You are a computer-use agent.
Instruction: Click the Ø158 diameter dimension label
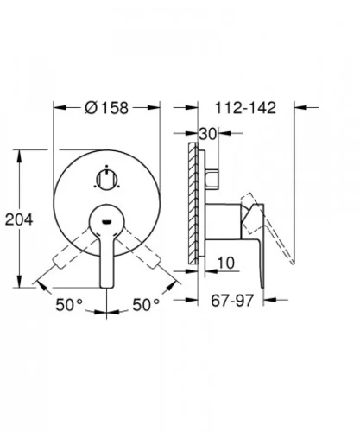click(x=107, y=108)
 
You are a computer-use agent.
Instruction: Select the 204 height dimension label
click(x=19, y=219)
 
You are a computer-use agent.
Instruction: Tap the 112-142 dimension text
click(x=245, y=108)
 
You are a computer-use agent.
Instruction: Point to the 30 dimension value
click(x=207, y=134)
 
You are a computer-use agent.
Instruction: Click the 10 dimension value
click(x=226, y=263)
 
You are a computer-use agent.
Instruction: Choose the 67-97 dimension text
click(x=232, y=301)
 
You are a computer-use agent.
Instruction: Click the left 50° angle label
click(x=69, y=305)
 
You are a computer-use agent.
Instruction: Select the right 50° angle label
click(x=146, y=305)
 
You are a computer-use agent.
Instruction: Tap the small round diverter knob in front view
click(x=106, y=180)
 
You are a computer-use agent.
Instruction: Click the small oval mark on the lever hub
click(x=106, y=221)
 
